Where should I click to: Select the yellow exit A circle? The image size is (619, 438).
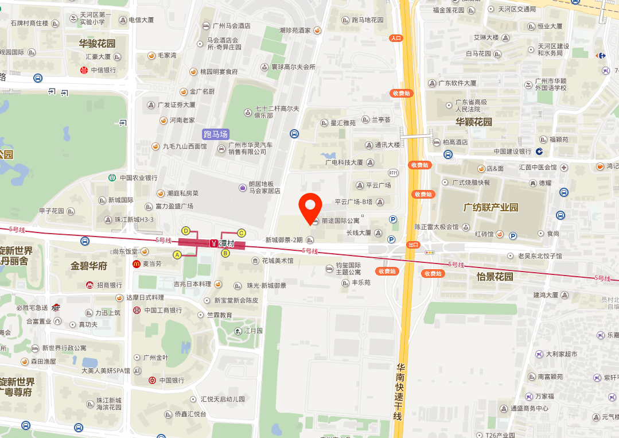coord(177,254)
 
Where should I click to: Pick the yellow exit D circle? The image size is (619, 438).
coord(185,231)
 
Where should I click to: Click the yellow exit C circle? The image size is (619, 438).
coord(242,232)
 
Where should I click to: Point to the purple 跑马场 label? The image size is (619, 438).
coord(216,134)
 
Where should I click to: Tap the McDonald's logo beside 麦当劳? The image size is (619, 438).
coord(137,264)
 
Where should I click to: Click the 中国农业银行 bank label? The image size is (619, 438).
coord(138,178)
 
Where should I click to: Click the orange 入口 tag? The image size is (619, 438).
coord(396,38)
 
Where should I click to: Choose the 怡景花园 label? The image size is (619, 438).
coord(495,277)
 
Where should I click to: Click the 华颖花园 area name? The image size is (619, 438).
coord(474,122)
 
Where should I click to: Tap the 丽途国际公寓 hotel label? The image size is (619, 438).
coord(340,221)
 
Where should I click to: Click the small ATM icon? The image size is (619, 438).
coord(393,172)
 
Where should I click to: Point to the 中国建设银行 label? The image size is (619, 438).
coord(512,152)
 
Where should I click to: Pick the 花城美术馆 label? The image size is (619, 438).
coord(277,261)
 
